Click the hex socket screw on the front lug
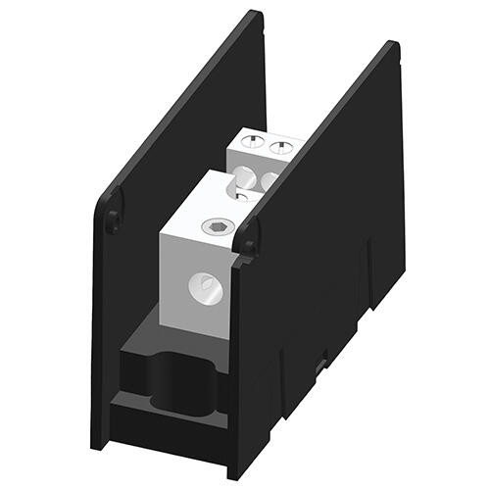[218, 228]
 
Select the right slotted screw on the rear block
[280, 149]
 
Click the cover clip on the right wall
[252, 235]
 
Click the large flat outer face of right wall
[323, 245]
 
